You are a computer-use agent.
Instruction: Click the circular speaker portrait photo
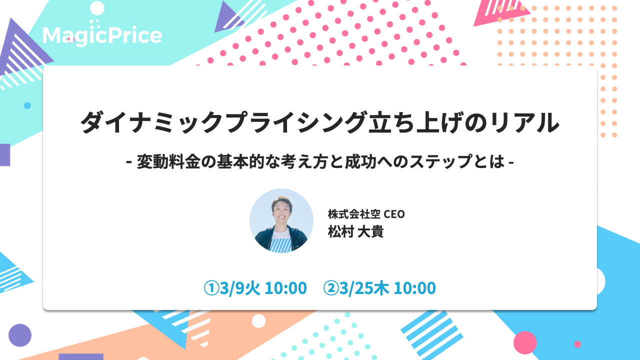click(281, 220)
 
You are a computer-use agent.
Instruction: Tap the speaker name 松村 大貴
click(355, 231)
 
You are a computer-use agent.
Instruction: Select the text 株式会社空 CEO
click(366, 214)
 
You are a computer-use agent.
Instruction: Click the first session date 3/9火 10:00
click(263, 288)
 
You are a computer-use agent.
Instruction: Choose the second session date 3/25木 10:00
click(387, 288)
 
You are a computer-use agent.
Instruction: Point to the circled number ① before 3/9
click(211, 288)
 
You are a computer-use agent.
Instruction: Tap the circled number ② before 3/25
click(331, 288)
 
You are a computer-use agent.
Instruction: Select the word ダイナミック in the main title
click(151, 122)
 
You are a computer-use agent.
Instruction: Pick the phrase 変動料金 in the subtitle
click(168, 161)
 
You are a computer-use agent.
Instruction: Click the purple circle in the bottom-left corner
click(20, 335)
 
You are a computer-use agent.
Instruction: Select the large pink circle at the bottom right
click(525, 342)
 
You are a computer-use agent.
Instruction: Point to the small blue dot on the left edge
click(27, 105)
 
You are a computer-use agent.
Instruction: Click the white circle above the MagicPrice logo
click(97, 8)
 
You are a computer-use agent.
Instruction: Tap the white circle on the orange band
click(259, 321)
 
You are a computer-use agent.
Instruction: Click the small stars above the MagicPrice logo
click(95, 23)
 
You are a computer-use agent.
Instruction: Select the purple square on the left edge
click(5, 155)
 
